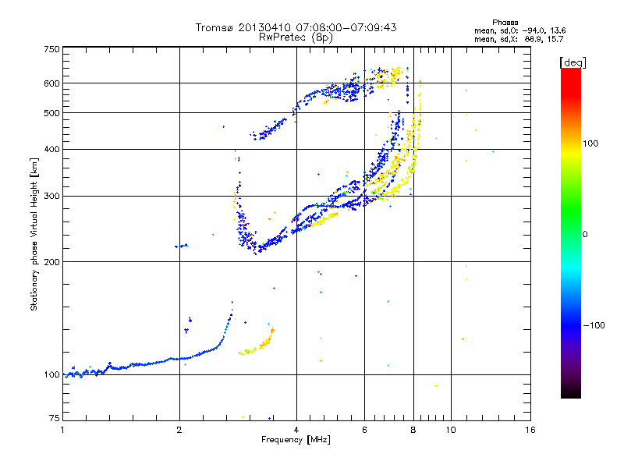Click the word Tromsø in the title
click(215, 27)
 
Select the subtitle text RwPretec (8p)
click(296, 37)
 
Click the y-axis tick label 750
click(51, 49)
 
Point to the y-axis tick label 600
click(51, 83)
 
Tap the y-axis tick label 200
click(51, 262)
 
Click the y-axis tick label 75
click(54, 418)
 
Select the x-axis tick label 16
click(530, 430)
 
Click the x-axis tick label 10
click(451, 430)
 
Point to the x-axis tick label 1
click(62, 430)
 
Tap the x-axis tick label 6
click(364, 430)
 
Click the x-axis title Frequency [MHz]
click(296, 440)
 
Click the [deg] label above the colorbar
click(573, 62)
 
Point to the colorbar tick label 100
click(590, 144)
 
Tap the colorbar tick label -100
click(594, 325)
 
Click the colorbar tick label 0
click(585, 235)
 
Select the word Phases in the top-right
click(505, 23)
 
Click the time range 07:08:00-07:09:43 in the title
click(346, 27)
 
